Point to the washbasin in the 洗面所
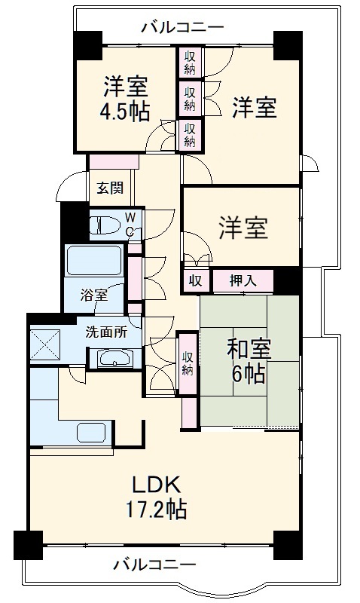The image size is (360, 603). [x=114, y=358]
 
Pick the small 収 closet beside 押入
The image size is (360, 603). [x=195, y=281]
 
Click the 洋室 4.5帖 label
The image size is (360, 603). [x=125, y=99]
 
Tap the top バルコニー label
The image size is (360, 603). [x=182, y=28]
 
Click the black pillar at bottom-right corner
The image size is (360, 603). [x=287, y=544]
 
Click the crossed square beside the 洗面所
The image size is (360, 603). [x=46, y=344]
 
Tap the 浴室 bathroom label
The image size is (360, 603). [x=94, y=295]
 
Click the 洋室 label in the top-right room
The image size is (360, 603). [x=254, y=108]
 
